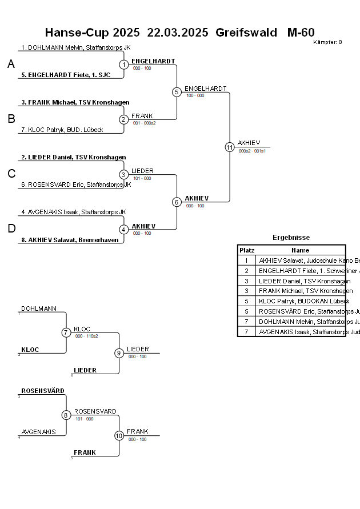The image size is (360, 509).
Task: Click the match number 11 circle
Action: coord(230,147)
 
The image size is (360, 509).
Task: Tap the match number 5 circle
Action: coord(177,92)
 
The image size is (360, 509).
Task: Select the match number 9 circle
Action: coord(119,353)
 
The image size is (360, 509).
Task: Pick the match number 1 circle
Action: coord(124,65)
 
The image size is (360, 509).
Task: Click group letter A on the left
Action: coord(11,65)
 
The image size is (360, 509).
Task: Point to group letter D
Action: coord(11,229)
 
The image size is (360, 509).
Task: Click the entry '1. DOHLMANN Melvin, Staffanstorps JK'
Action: coord(75,48)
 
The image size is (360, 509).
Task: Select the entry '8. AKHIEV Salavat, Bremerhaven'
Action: coord(70,240)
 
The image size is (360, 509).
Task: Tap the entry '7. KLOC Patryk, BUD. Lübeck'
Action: coord(62,130)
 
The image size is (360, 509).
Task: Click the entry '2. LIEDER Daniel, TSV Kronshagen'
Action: coord(73,157)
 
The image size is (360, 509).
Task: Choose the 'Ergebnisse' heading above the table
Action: coord(291,238)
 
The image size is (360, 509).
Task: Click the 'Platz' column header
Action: coord(247,250)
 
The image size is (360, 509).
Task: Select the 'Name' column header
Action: coord(300,250)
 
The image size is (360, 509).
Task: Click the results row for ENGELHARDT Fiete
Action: coord(301,271)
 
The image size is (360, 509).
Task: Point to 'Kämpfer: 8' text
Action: coord(328,42)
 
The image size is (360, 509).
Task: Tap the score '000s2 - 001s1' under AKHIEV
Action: coord(252,151)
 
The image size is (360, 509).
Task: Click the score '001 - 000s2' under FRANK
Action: coord(144,123)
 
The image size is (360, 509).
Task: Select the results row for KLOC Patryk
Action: coord(301,301)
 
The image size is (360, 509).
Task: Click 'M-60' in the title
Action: coord(301,33)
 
